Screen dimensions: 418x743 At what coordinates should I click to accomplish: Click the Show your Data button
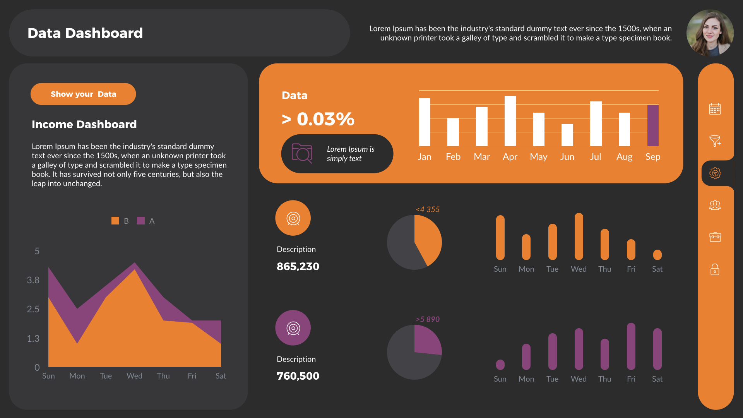[83, 94]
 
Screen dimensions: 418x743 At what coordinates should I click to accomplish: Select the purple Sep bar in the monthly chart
[653, 125]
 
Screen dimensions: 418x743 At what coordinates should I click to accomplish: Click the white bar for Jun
[567, 135]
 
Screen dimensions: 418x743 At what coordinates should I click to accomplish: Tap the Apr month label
[510, 157]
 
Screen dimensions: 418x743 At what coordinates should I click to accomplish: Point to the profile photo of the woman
[710, 33]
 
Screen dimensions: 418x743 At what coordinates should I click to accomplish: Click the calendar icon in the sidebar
[715, 109]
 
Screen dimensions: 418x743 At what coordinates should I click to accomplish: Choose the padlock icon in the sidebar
[715, 269]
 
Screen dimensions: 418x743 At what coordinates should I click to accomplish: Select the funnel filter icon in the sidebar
[715, 141]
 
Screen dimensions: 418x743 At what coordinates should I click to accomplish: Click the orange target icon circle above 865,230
[293, 218]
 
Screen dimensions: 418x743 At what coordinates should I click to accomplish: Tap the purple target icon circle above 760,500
[293, 328]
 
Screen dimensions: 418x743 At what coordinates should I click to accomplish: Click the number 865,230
[298, 266]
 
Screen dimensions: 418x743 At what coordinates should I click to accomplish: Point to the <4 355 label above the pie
[428, 209]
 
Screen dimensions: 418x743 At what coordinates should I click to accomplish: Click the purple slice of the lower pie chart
[426, 341]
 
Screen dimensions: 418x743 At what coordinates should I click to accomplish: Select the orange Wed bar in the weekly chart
[579, 236]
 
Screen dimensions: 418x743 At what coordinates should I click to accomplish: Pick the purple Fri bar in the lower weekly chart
[631, 346]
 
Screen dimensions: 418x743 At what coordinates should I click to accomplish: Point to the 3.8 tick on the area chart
[33, 280]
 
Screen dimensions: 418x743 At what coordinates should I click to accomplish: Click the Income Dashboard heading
[84, 124]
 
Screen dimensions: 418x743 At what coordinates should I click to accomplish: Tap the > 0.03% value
[318, 119]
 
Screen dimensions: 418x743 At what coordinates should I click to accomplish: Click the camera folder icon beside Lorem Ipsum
[302, 153]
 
